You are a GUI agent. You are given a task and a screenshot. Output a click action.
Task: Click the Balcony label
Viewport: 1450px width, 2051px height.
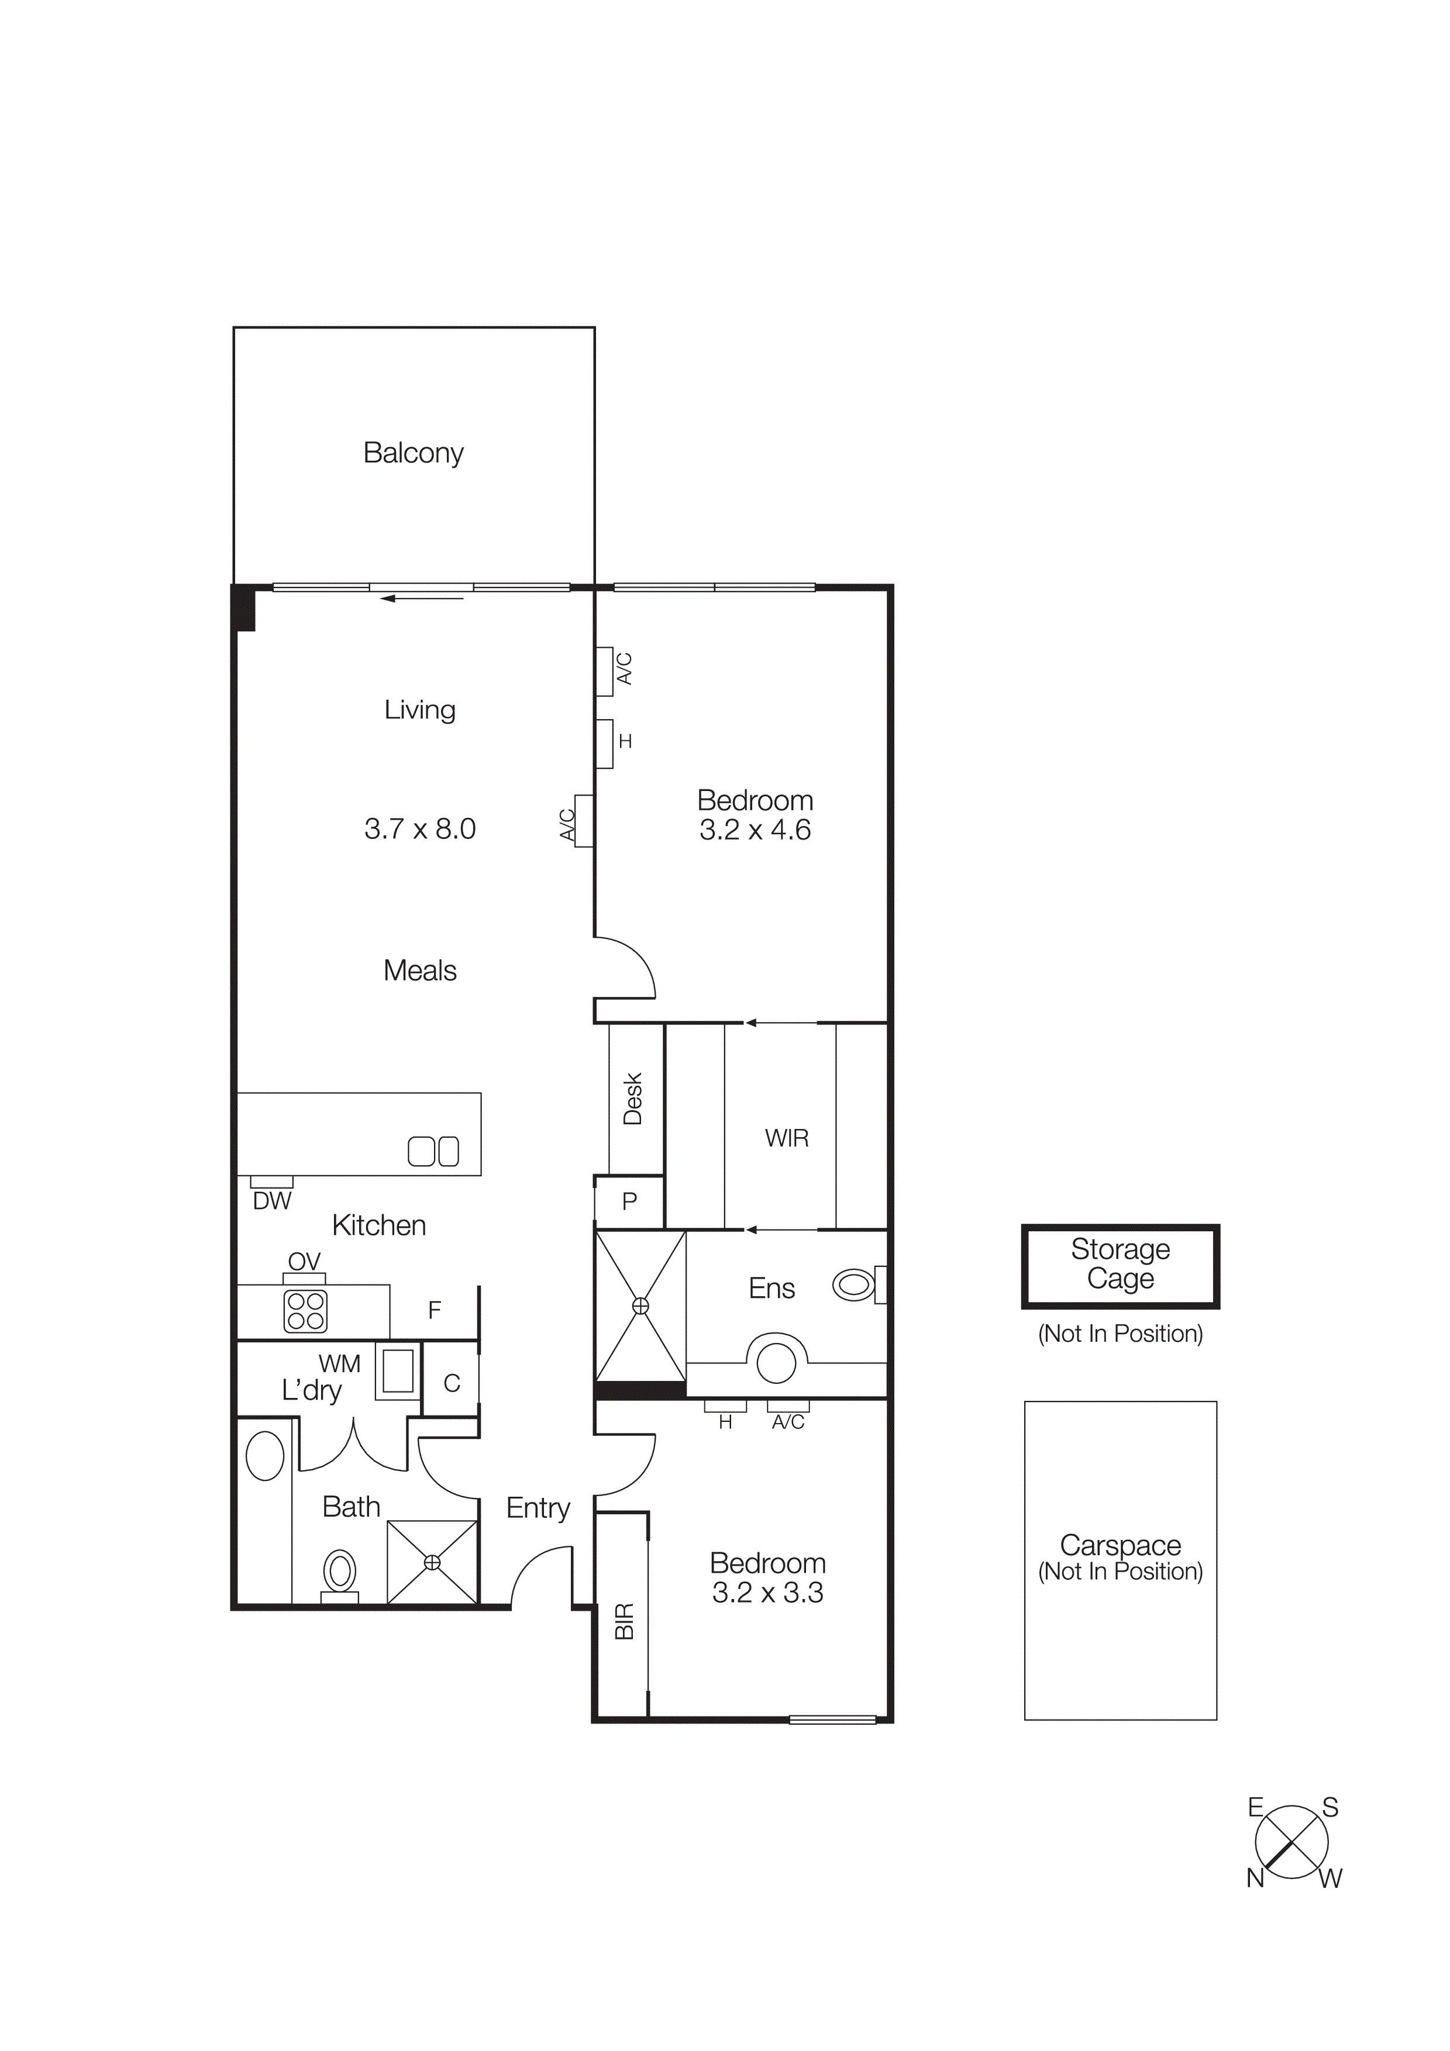pos(413,453)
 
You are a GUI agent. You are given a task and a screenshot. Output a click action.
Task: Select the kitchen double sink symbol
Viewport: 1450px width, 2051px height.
pos(433,1151)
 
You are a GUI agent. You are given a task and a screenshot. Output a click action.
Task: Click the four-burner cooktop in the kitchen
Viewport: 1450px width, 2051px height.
pos(305,1310)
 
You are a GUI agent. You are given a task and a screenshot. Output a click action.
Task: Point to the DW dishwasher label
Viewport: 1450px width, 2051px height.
pos(271,1201)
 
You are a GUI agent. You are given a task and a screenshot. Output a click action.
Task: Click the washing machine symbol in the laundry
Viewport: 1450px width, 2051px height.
pos(398,1371)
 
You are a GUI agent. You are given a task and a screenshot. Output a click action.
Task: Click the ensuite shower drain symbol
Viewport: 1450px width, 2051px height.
pos(640,1306)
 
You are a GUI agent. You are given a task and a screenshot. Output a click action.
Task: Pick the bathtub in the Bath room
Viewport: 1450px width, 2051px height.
pos(264,1457)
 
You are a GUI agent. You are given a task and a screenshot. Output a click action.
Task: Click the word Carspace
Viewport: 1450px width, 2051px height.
pos(1120,1545)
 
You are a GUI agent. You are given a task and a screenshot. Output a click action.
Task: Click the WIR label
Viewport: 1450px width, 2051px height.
pos(786,1138)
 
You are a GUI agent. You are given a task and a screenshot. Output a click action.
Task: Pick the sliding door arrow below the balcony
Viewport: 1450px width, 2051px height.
pos(422,599)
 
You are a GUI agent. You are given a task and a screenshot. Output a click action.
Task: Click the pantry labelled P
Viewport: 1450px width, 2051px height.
pos(629,1201)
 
